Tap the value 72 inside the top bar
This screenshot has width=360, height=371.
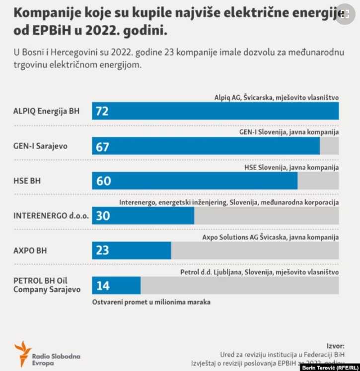tap(102, 111)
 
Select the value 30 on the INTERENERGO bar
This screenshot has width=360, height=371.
tap(103, 216)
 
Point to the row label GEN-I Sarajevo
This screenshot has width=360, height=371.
tap(40, 146)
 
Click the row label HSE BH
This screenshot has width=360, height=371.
tap(27, 181)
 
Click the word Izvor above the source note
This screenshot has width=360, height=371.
tap(335, 346)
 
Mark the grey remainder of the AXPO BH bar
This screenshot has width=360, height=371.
tap(255, 250)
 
